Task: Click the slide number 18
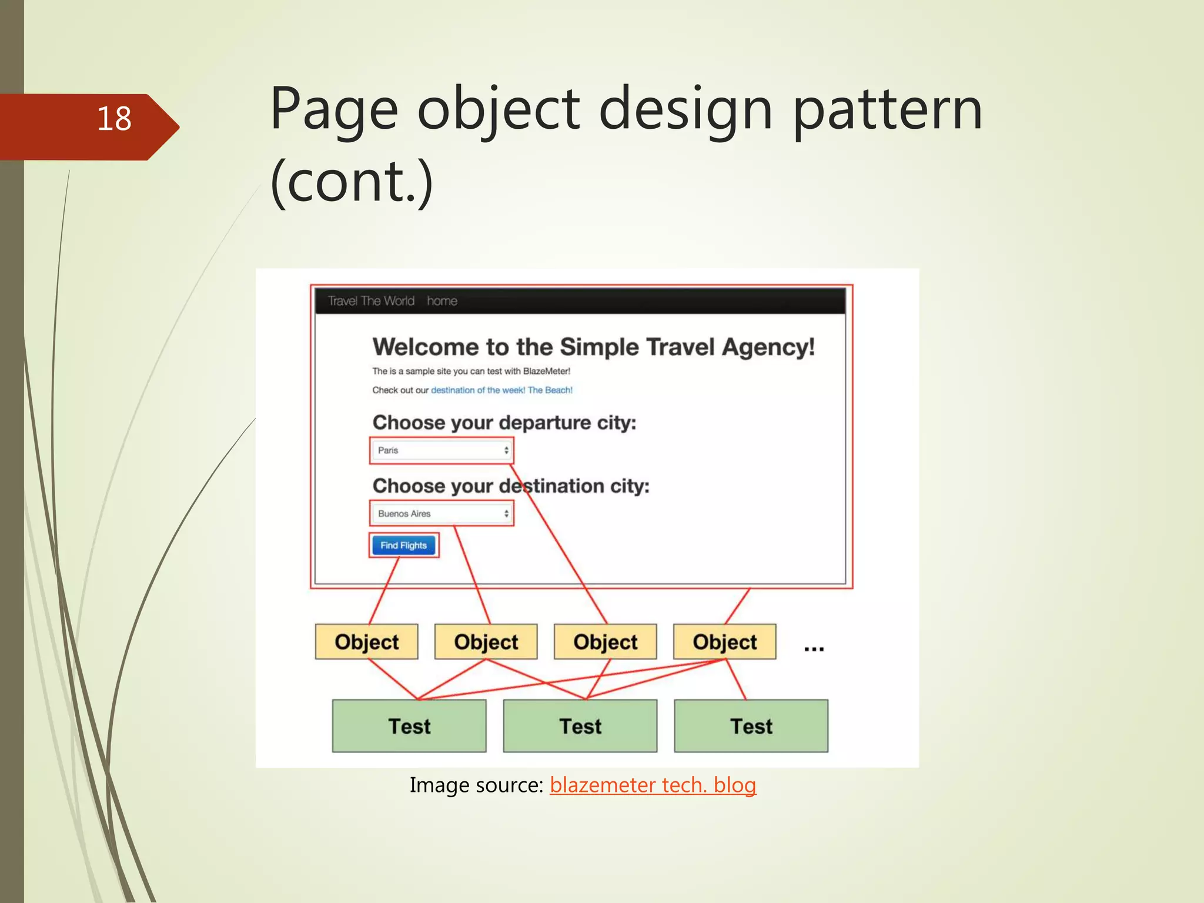click(x=114, y=119)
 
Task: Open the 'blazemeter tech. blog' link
click(x=653, y=785)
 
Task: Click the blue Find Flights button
click(x=403, y=546)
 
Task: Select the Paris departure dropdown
click(x=442, y=450)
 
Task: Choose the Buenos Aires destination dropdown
click(x=442, y=514)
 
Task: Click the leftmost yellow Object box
click(x=366, y=642)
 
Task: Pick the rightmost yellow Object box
click(x=724, y=642)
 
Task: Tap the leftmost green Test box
click(x=409, y=726)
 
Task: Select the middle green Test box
click(x=580, y=726)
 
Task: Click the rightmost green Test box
click(x=751, y=726)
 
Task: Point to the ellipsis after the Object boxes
click(x=814, y=648)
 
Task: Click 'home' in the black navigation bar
click(x=442, y=301)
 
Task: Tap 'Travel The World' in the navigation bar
click(x=371, y=301)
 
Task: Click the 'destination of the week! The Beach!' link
click(x=501, y=390)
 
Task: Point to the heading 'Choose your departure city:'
click(x=504, y=423)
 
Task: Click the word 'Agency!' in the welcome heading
click(x=768, y=347)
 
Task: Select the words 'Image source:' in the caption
click(x=476, y=785)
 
